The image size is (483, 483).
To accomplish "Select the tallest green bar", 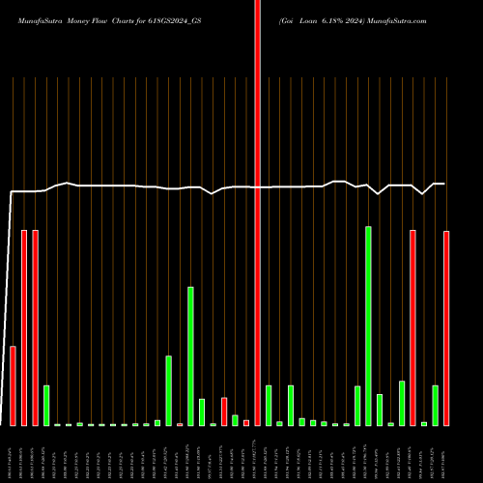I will tap(368, 326).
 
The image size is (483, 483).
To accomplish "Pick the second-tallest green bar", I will tap(190, 355).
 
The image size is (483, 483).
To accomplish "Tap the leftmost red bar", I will tap(13, 385).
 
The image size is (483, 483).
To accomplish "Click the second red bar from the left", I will tap(24, 327).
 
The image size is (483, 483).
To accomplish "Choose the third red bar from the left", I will tap(35, 327).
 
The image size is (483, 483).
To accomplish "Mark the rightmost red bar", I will tap(446, 327).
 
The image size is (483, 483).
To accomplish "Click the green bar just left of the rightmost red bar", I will tap(435, 405).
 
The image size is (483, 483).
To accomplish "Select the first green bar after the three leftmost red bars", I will tap(46, 405).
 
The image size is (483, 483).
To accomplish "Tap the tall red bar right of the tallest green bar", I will tap(412, 327).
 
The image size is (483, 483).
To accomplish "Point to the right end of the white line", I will tap(444, 184).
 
